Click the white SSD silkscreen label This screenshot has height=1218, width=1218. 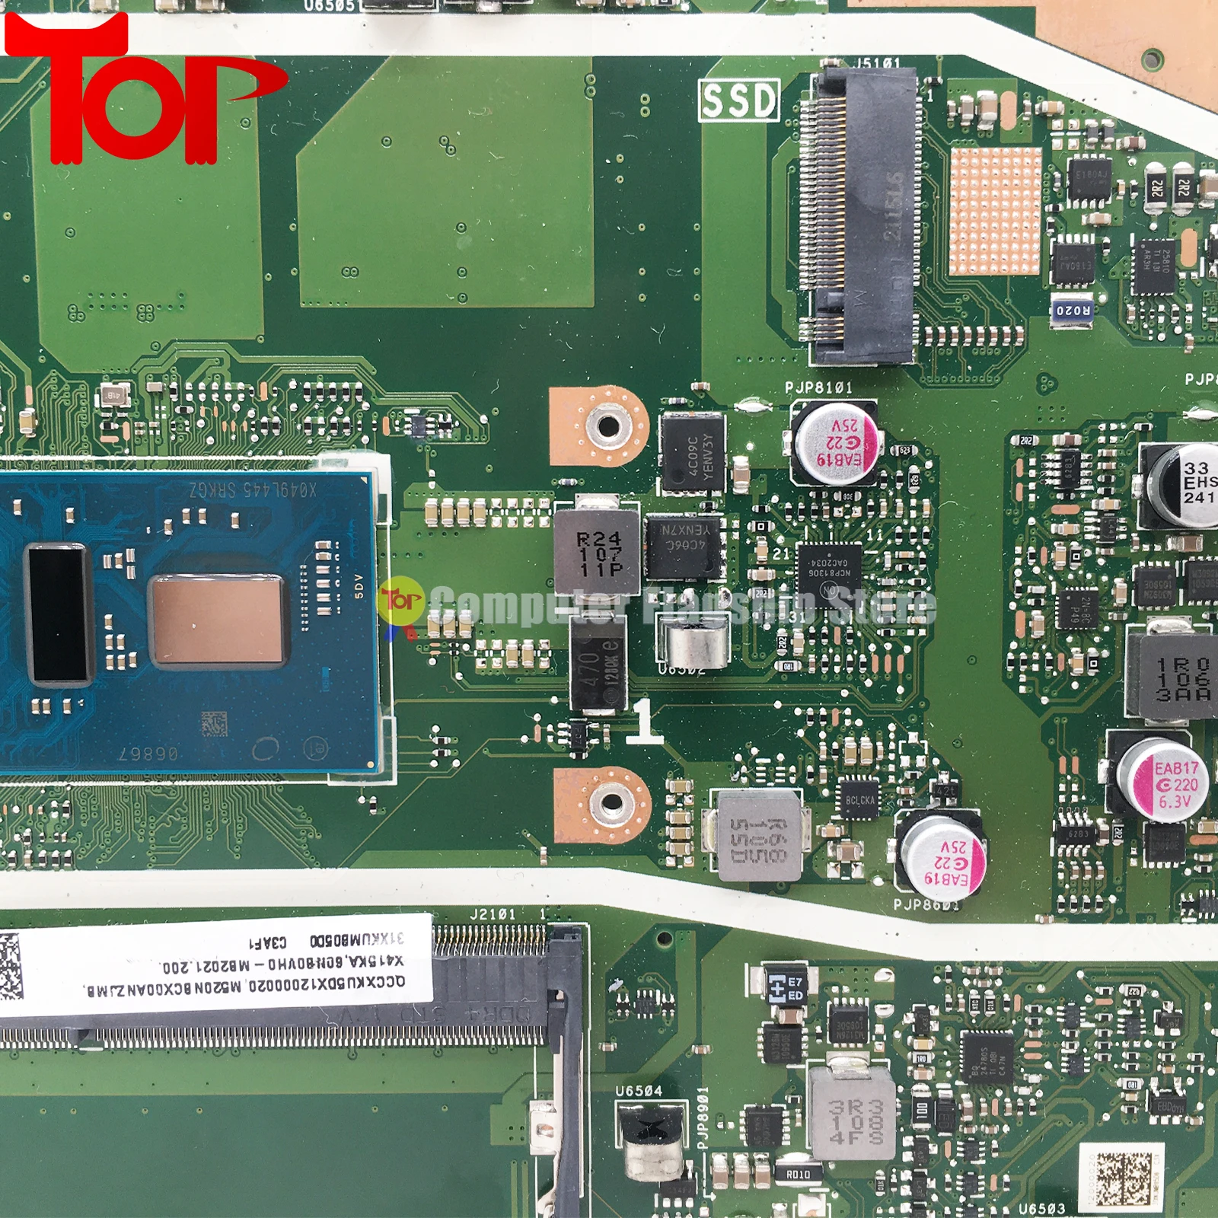[738, 100]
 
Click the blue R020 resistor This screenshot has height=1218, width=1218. [1073, 311]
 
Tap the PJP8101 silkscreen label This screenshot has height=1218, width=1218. [818, 387]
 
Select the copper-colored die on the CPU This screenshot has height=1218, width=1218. [218, 619]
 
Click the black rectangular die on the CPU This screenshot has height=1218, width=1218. [58, 613]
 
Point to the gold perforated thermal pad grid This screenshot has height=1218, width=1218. [994, 212]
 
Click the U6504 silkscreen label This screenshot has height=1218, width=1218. [638, 1091]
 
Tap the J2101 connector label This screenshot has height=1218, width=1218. [493, 913]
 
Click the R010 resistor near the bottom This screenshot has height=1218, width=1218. [798, 1175]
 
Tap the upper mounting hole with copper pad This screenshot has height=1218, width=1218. [606, 426]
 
